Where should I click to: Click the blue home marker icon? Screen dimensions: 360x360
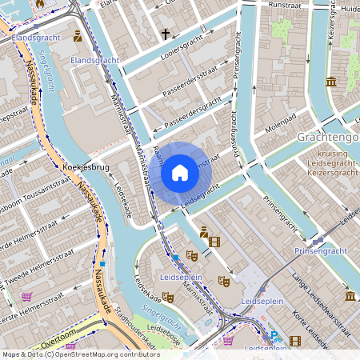[180, 173]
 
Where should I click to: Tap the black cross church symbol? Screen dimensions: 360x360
[166, 34]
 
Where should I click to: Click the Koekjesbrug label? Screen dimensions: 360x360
[85, 167]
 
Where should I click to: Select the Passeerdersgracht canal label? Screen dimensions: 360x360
[192, 114]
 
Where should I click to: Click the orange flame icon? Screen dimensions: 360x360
[40, 4]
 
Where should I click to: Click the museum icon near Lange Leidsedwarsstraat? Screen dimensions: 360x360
[350, 297]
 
